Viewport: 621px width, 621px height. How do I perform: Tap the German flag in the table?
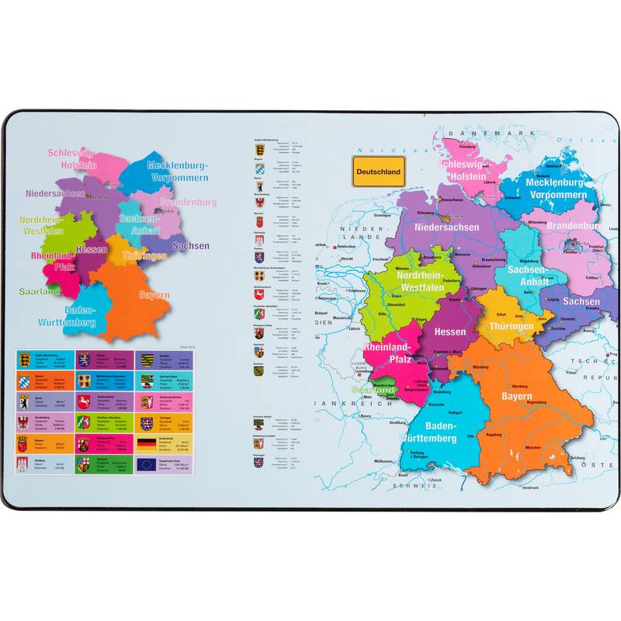[x=146, y=444]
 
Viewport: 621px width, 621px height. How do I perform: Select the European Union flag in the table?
[x=146, y=465]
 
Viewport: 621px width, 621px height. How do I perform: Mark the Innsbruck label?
[x=529, y=487]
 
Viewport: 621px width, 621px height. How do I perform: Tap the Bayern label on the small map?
[x=154, y=295]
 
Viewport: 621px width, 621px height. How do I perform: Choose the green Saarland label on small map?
[x=40, y=292]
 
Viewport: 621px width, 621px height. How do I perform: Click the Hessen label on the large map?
[x=450, y=331]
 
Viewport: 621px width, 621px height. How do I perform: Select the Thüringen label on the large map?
[x=511, y=326]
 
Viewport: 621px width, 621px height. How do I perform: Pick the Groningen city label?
[x=383, y=215]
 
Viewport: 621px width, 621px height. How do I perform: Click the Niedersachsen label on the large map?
[x=446, y=227]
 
